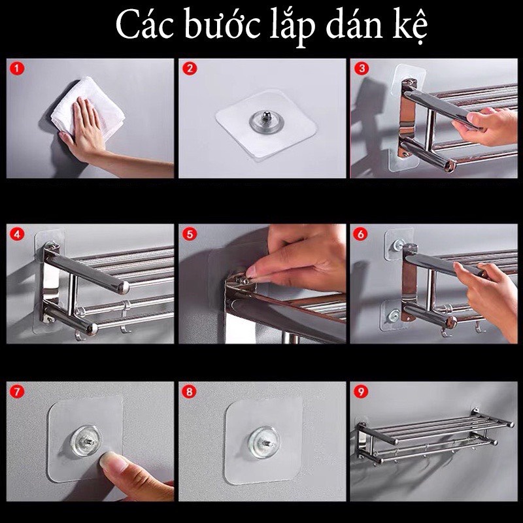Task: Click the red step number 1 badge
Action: click(18, 69)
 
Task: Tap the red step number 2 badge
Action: click(190, 69)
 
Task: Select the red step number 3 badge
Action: click(362, 69)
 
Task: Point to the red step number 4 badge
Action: click(18, 234)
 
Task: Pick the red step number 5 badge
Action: click(190, 234)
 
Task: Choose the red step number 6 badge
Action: click(361, 234)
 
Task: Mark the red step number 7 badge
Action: click(18, 392)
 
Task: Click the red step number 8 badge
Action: click(189, 392)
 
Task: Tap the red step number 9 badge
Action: click(361, 392)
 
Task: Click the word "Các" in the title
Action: click(144, 25)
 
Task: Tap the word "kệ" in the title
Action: click(410, 27)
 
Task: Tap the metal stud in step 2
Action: click(265, 117)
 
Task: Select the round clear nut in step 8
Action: click(265, 442)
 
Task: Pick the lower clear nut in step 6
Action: click(394, 315)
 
